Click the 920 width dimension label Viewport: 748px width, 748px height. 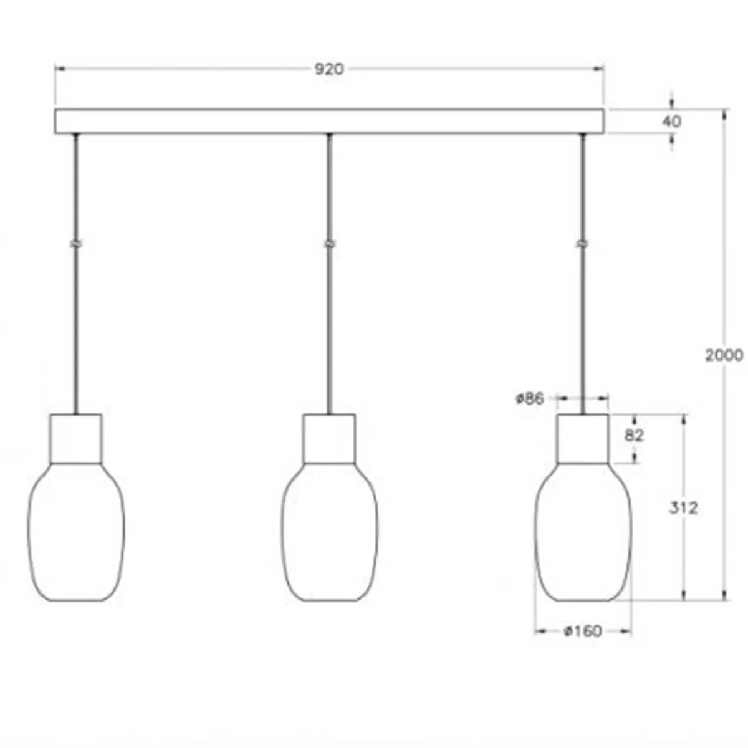pos(328,69)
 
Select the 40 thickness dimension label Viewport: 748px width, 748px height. pos(671,122)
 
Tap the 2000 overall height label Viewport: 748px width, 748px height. pos(724,355)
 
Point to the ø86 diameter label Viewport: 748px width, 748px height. pos(530,398)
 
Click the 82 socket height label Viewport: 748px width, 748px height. pos(634,436)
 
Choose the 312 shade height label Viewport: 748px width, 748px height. pos(683,508)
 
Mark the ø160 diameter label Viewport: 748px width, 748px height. pos(583,631)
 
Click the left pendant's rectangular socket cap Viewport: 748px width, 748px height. pos(76,438)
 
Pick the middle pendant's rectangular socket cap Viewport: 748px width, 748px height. pos(329,438)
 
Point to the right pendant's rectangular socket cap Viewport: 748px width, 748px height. pos(583,438)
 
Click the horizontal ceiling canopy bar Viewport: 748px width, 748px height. pos(329,122)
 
